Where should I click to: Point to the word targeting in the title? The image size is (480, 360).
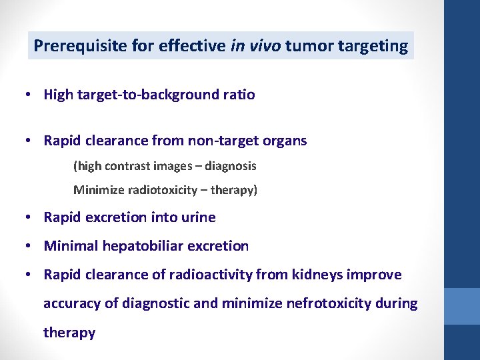click(x=373, y=46)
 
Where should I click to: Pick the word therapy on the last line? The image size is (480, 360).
click(x=69, y=332)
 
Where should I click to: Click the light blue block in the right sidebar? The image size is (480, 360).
click(x=462, y=306)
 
